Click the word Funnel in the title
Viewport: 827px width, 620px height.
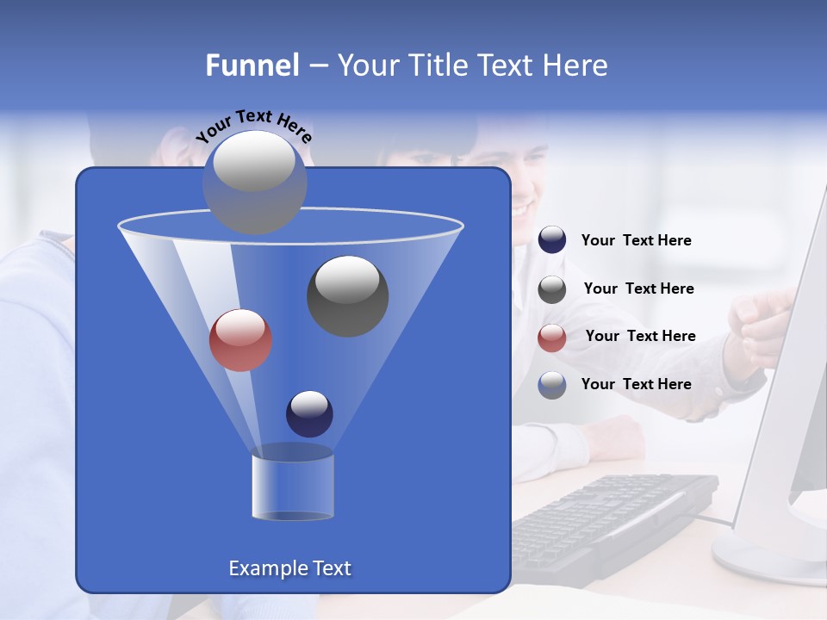[x=252, y=65]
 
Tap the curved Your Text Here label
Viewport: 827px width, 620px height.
[x=254, y=125]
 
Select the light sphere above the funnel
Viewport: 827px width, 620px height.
[x=254, y=181]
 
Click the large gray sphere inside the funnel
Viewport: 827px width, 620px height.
[x=347, y=295]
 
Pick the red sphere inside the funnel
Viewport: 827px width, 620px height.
[x=240, y=340]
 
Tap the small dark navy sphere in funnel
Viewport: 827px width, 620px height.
[x=309, y=413]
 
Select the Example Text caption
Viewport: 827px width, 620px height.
[x=289, y=568]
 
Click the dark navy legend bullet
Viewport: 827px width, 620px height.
[x=552, y=240]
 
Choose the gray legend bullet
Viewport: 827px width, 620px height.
[x=552, y=288]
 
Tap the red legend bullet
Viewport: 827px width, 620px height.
[x=552, y=337]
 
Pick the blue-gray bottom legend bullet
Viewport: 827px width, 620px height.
[x=552, y=385]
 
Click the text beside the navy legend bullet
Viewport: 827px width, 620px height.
[x=636, y=241]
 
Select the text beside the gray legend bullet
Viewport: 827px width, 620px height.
[x=638, y=289]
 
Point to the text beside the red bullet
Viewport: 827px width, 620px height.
[x=640, y=337]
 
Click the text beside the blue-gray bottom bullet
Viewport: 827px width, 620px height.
[x=636, y=384]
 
